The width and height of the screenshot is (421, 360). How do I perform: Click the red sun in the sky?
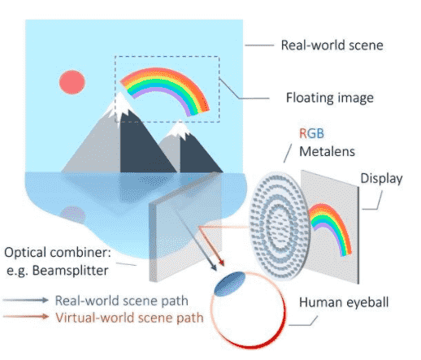click(x=72, y=82)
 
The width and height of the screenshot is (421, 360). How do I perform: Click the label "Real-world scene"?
click(x=332, y=46)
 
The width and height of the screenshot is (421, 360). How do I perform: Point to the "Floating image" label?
click(x=330, y=98)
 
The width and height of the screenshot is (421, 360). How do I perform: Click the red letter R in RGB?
click(x=302, y=133)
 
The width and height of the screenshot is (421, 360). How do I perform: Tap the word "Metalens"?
click(x=327, y=151)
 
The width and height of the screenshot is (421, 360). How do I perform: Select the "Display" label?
click(x=381, y=179)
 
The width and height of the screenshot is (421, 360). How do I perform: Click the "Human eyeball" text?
click(x=344, y=302)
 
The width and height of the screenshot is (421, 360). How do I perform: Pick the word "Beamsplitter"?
click(x=71, y=271)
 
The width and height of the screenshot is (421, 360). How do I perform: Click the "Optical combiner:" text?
click(x=58, y=253)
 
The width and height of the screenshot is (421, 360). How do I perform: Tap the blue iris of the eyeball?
click(x=230, y=284)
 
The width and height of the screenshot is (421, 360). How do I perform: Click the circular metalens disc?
click(x=280, y=226)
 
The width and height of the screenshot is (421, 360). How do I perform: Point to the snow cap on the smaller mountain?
click(x=179, y=129)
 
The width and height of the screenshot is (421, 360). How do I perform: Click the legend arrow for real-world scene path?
click(x=26, y=300)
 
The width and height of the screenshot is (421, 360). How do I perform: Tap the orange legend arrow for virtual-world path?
click(x=26, y=316)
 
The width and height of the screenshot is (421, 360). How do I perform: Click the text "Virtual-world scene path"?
click(x=129, y=318)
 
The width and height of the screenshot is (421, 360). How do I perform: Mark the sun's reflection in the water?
click(x=72, y=215)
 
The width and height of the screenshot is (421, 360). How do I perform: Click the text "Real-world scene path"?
click(x=122, y=301)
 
